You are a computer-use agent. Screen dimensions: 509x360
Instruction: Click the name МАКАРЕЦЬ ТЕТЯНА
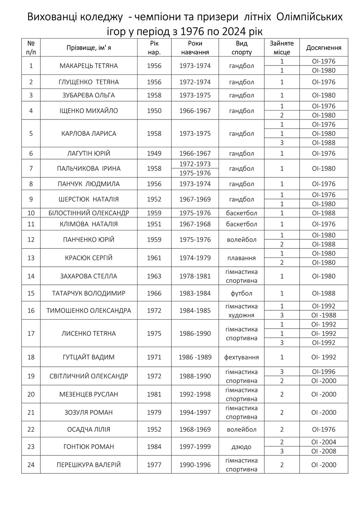(89, 66)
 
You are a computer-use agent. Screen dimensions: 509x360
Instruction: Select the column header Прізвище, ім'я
(89, 48)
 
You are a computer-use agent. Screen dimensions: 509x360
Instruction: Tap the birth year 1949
(154, 153)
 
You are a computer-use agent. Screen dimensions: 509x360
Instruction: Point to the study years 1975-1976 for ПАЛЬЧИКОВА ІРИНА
(195, 173)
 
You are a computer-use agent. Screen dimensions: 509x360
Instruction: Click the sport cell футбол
(241, 293)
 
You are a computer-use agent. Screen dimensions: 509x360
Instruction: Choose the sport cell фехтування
(241, 357)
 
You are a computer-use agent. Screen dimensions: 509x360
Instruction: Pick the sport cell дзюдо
(241, 447)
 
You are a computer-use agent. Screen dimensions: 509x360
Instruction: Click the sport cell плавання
(241, 258)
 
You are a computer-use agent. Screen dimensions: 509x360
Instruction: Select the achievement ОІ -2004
(324, 442)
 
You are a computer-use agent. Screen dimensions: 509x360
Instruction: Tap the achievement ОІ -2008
(324, 451)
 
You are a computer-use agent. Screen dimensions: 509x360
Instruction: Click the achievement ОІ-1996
(324, 372)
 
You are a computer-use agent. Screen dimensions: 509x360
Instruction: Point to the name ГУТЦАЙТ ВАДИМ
(89, 357)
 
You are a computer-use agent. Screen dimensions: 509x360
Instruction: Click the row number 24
(31, 465)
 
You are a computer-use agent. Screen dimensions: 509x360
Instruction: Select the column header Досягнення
(324, 48)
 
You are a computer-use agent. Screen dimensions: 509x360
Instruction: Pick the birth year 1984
(154, 447)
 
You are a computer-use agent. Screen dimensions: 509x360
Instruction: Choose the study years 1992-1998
(195, 395)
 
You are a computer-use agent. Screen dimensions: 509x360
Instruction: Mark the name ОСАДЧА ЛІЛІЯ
(89, 429)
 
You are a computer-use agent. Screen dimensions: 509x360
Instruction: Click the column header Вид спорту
(241, 48)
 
